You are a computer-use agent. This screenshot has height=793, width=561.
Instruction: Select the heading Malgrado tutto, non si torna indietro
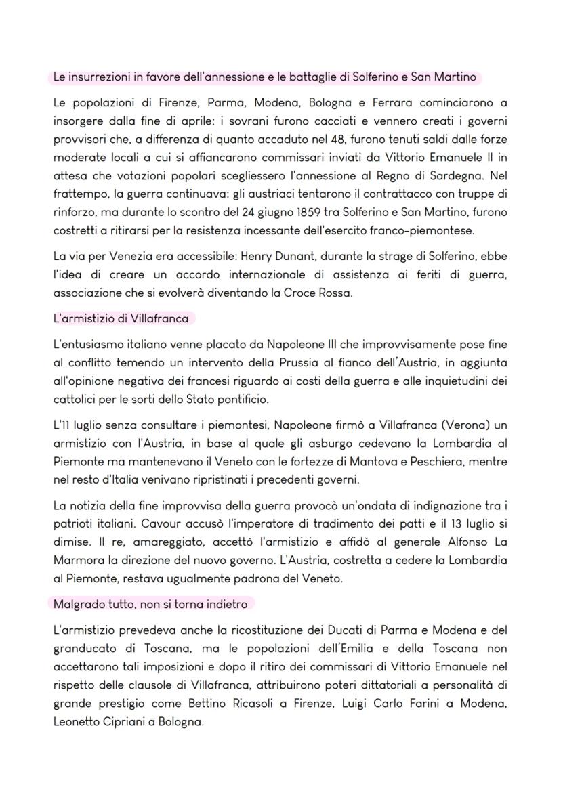[150, 603]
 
